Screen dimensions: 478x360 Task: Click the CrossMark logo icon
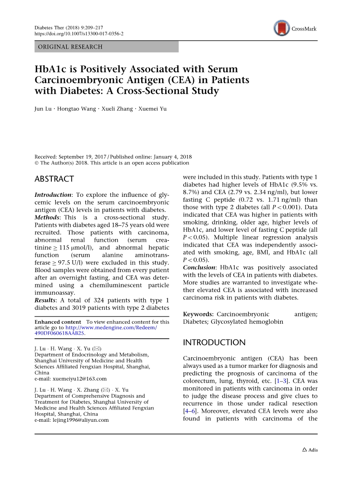(281, 29)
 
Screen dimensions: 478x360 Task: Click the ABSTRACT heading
(54, 179)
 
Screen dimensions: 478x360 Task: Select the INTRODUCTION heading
(214, 342)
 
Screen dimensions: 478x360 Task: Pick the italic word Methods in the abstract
(47, 217)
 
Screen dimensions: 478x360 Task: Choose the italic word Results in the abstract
(45, 300)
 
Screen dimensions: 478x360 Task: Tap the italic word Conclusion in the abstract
(199, 268)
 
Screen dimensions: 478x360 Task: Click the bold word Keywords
(198, 314)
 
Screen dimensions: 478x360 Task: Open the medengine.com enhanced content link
(111, 327)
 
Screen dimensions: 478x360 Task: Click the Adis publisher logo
(310, 450)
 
